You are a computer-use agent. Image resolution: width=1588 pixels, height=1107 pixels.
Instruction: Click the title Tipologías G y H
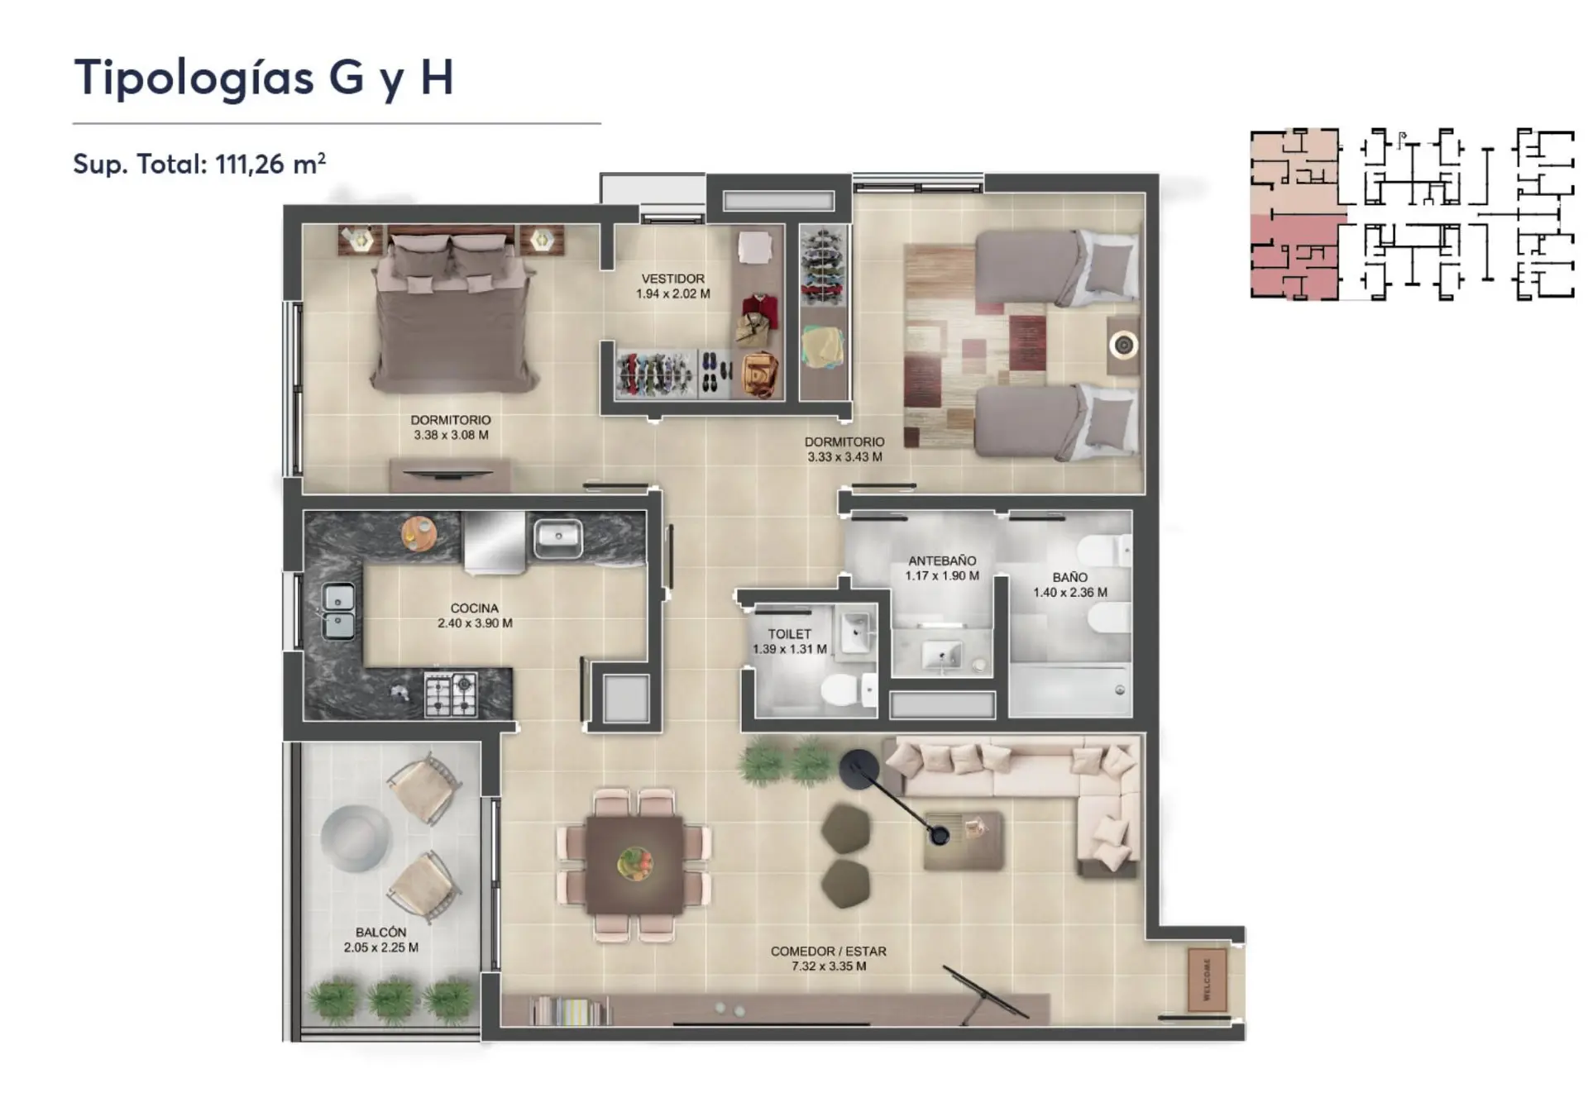264,79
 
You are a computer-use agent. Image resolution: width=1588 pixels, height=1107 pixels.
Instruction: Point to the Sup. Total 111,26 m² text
199,164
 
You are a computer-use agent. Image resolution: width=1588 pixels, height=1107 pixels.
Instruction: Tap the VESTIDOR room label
673,279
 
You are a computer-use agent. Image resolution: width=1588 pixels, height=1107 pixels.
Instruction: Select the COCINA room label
475,608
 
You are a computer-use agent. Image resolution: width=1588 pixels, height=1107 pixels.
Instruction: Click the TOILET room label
789,634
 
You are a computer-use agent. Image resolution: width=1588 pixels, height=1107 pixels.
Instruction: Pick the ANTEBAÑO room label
942,561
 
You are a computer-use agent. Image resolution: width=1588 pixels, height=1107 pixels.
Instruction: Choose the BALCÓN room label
380,932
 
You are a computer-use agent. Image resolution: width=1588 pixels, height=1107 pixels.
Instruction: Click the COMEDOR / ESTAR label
828,952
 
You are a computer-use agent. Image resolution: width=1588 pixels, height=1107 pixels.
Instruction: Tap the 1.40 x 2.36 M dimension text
1070,592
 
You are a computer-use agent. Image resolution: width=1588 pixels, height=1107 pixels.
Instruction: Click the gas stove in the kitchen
451,694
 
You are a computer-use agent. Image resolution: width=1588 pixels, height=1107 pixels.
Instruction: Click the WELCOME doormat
1207,980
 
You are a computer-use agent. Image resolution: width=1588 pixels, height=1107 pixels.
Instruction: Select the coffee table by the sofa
963,840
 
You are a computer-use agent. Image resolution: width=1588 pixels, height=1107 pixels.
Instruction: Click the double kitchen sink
338,611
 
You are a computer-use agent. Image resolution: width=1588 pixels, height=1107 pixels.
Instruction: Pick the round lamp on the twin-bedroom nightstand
1123,344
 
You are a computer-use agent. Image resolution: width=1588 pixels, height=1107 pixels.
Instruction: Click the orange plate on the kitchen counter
419,532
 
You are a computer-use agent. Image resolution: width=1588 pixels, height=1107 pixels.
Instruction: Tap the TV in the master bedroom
450,474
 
